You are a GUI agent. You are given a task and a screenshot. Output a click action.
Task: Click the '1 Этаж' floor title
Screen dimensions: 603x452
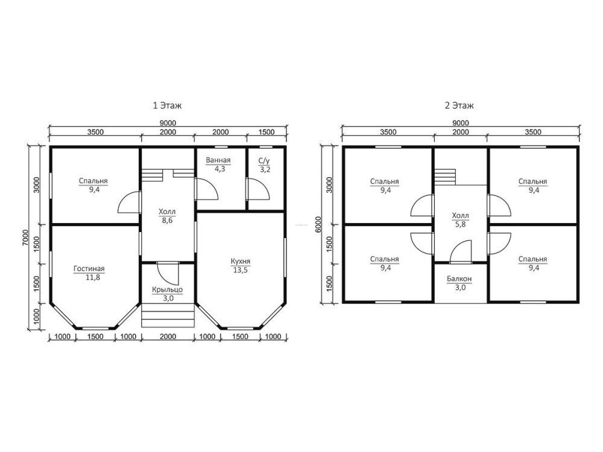(167, 105)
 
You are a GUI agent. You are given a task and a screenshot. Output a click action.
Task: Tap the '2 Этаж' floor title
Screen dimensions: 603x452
(459, 105)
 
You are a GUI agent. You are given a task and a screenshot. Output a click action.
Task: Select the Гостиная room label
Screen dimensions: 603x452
(89, 269)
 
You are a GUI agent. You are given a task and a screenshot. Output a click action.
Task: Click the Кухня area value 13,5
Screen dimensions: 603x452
(241, 270)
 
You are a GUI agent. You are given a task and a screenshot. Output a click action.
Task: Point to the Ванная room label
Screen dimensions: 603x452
(218, 160)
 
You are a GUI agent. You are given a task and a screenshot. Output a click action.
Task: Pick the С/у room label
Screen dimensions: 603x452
(264, 161)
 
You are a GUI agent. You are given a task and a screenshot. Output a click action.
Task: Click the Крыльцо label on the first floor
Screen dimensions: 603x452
(167, 290)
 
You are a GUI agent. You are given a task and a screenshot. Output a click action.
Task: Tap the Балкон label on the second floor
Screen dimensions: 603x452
(459, 278)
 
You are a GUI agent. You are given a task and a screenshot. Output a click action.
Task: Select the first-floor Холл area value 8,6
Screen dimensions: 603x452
(167, 220)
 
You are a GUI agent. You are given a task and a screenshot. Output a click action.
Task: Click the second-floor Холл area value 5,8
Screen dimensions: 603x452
(460, 224)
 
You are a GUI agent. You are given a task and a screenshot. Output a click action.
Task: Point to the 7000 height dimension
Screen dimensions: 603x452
(25, 238)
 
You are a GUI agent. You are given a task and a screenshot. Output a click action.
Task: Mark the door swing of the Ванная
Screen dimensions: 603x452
(207, 189)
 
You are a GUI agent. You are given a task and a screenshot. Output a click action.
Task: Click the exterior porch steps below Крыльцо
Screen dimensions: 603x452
(168, 315)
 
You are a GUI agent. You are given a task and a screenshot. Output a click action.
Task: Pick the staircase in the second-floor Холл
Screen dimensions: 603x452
(446, 177)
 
